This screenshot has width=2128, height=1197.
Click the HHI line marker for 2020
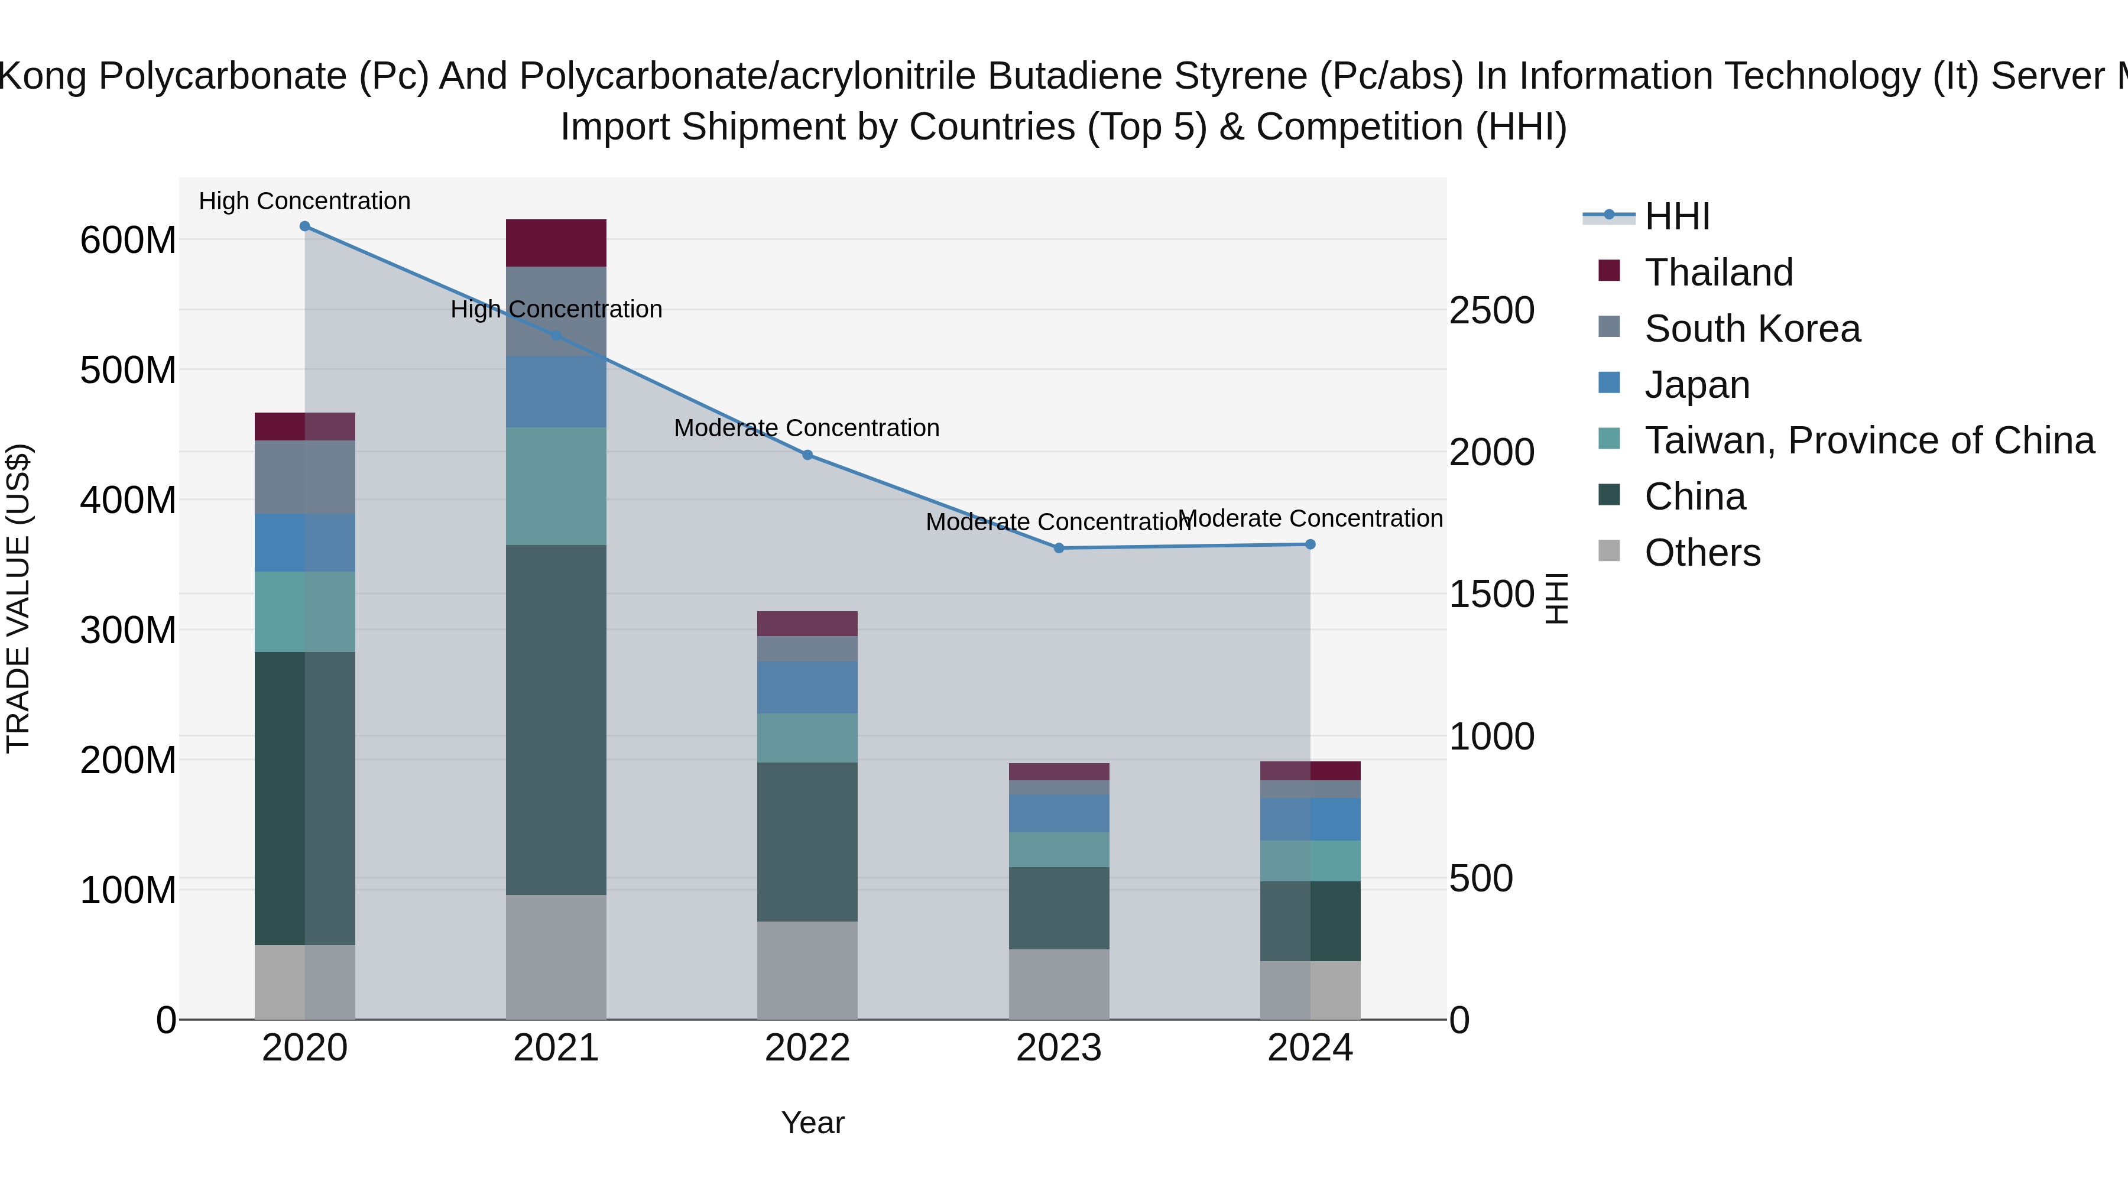coord(305,226)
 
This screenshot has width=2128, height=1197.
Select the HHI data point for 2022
coord(808,455)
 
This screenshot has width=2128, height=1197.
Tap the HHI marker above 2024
coord(1310,544)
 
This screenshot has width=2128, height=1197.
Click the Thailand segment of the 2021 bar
coord(556,243)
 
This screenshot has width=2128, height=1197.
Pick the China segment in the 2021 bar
coord(556,719)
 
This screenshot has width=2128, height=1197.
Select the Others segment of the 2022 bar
coord(807,970)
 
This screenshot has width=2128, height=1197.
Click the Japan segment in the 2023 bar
coord(1059,814)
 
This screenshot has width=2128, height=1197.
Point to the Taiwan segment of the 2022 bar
coord(807,738)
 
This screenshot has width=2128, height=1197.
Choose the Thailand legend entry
coord(1718,273)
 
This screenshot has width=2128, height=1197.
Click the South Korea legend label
coord(1752,329)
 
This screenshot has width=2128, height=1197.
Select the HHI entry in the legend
coord(1677,216)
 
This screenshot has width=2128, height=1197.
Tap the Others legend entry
coord(1702,553)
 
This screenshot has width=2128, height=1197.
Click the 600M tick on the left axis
coord(128,241)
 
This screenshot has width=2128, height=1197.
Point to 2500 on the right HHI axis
coord(1492,310)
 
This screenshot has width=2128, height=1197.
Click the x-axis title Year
coord(813,1123)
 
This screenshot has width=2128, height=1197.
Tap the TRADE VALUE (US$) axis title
coord(18,598)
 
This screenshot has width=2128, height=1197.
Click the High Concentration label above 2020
coord(305,201)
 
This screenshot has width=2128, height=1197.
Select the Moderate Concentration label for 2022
coord(807,428)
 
